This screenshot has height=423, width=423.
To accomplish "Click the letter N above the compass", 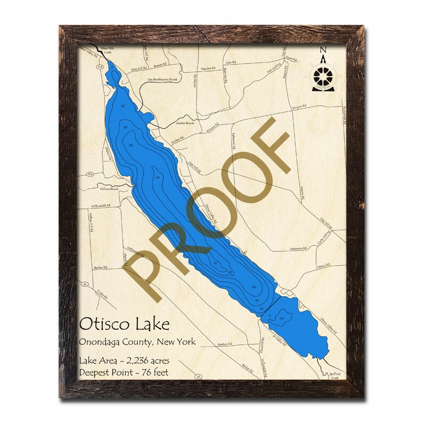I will [x=323, y=51].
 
